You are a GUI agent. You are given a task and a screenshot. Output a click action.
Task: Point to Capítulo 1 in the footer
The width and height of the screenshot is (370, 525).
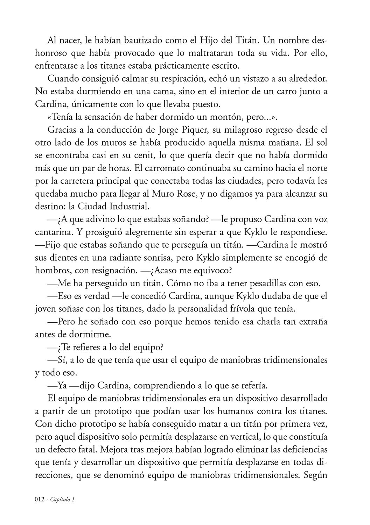pyautogui.click(x=63, y=500)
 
